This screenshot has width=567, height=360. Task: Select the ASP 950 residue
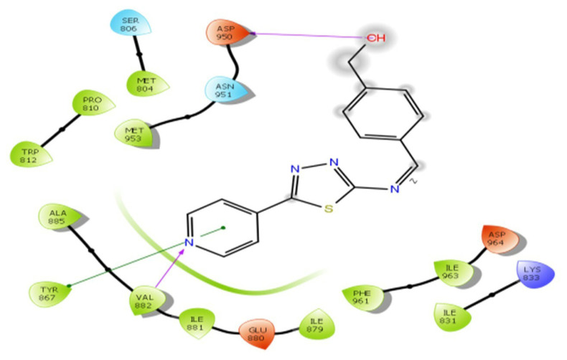pyautogui.click(x=228, y=33)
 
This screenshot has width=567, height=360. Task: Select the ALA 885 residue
pyautogui.click(x=57, y=218)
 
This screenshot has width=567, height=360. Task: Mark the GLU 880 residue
pyautogui.click(x=256, y=331)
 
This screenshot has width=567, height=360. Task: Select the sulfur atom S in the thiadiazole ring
pyautogui.click(x=327, y=209)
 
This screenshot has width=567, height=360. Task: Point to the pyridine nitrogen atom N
pyautogui.click(x=189, y=244)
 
